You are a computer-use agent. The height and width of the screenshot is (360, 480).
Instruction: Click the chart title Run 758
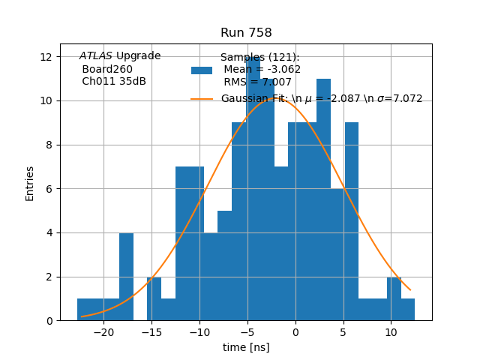(x=246, y=33)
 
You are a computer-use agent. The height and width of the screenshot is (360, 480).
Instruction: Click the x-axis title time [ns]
(x=246, y=347)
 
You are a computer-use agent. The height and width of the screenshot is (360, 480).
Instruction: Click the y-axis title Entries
(x=30, y=183)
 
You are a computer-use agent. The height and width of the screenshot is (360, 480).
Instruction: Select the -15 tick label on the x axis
(x=151, y=331)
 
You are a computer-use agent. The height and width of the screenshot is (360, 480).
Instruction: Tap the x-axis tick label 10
(x=391, y=331)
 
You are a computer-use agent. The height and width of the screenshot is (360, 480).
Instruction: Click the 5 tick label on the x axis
(x=343, y=331)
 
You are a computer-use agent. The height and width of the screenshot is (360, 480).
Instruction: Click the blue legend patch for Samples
(x=202, y=70)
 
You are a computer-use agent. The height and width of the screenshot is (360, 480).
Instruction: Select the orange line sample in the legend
(x=202, y=99)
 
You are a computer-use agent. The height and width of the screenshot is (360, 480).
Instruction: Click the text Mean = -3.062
(x=262, y=70)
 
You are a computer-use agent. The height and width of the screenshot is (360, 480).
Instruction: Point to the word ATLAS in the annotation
(x=96, y=56)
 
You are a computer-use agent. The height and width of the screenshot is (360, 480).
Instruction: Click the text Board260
(x=107, y=69)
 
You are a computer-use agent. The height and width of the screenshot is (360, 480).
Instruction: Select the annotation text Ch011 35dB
(x=114, y=82)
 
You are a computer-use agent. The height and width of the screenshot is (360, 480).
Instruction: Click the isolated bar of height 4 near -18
(x=126, y=277)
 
